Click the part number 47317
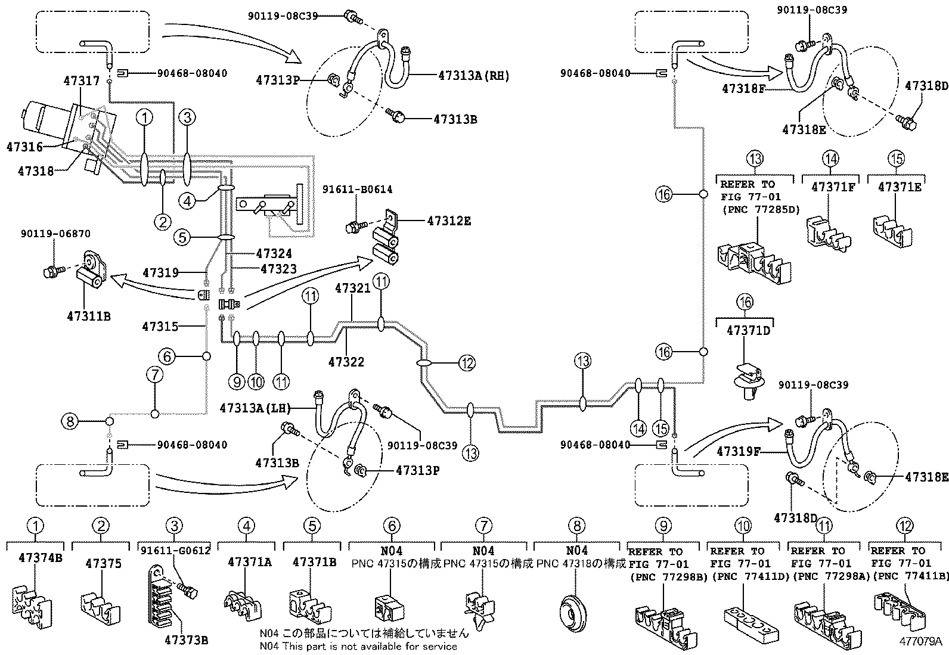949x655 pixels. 82,80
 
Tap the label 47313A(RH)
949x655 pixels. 473,76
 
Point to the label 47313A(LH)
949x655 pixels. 255,408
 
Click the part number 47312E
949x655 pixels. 449,221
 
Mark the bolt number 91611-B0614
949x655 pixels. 358,190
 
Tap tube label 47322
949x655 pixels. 346,362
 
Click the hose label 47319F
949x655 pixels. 739,452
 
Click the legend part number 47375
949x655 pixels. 103,563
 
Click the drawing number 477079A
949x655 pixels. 920,641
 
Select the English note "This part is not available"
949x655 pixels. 358,646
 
